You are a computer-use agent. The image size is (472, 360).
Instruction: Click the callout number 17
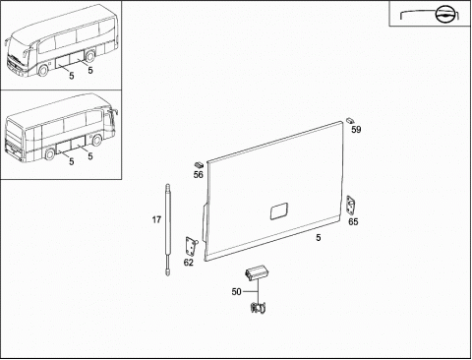click(x=156, y=219)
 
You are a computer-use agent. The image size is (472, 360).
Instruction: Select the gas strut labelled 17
click(x=168, y=230)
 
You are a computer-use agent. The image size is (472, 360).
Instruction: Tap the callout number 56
click(x=199, y=174)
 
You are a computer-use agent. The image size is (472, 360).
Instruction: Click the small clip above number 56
click(x=199, y=164)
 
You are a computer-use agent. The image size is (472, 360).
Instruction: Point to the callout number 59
click(x=356, y=130)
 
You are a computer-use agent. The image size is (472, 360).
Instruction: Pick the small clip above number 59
click(x=351, y=120)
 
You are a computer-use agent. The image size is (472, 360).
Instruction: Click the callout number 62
click(x=189, y=263)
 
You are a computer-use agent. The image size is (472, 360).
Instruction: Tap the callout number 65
click(x=353, y=222)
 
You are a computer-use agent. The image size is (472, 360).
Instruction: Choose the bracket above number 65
click(x=351, y=206)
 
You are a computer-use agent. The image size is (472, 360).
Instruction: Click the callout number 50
click(x=236, y=291)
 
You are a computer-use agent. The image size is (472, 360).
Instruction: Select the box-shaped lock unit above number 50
click(x=257, y=272)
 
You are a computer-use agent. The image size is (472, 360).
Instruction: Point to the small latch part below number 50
click(x=258, y=308)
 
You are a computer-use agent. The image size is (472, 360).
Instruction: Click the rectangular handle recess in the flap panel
click(x=279, y=211)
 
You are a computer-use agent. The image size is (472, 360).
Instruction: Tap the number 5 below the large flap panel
click(x=319, y=238)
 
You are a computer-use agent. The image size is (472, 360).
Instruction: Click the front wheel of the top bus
click(x=43, y=71)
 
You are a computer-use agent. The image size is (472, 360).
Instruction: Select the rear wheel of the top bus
click(x=89, y=56)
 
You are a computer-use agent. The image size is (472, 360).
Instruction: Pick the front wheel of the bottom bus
click(x=96, y=141)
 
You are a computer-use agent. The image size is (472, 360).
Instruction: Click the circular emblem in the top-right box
click(x=445, y=15)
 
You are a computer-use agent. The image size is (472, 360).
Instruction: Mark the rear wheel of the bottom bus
click(x=49, y=154)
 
